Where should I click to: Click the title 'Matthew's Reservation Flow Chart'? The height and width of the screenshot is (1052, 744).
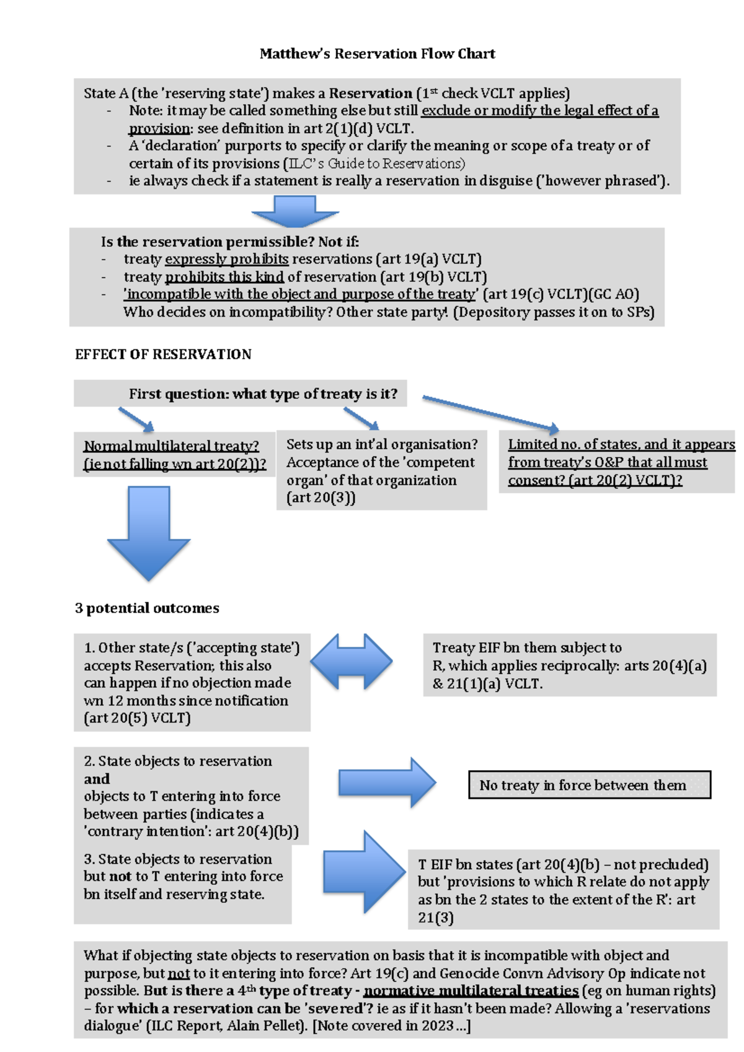point(377,54)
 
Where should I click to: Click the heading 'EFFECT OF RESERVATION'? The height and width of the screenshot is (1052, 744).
point(163,354)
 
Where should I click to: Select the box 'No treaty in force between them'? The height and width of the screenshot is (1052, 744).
point(589,785)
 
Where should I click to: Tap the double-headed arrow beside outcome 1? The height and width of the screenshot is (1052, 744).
point(352,662)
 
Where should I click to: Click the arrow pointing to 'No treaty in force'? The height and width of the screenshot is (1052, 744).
point(387,782)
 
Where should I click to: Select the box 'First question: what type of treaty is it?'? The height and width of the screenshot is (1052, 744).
point(241,393)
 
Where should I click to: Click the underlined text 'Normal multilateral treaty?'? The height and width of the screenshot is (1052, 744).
point(171,446)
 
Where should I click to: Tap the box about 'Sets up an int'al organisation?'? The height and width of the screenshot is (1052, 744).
point(381,470)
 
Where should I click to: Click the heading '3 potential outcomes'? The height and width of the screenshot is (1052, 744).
point(147,608)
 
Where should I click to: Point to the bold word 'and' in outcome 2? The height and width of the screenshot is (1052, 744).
point(97,779)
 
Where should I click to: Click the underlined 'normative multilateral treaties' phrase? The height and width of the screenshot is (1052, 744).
point(471,991)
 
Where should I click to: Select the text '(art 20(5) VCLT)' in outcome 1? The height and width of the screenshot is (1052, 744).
point(137,718)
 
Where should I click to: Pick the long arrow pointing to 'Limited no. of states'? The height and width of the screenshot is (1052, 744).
point(490,413)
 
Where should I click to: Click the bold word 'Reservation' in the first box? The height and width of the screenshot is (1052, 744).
point(370,94)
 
